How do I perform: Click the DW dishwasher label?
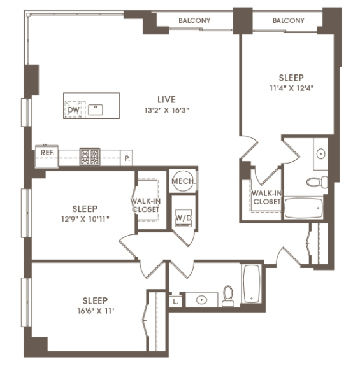coord(73,109)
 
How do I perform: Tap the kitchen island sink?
coord(95,109)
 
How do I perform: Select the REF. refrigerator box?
coord(47,156)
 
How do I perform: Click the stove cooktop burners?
coord(90,157)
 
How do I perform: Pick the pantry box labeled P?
coord(127,158)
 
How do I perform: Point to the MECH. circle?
coord(183,181)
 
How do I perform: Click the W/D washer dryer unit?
coord(184,218)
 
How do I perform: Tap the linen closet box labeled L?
coord(175,302)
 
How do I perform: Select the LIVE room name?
coord(167,99)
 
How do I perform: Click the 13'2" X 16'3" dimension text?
coord(167,110)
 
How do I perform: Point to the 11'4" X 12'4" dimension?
coord(291,88)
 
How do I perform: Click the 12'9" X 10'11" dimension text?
coord(85,219)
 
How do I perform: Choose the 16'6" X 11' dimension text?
coord(96,311)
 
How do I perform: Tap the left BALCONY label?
coord(194,20)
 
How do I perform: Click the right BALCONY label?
coord(289,20)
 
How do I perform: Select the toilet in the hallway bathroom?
coord(228,296)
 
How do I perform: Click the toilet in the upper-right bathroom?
coord(317,182)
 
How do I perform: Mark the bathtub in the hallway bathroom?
coord(252,283)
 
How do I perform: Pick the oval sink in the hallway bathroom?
coord(201,300)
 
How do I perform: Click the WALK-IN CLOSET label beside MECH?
coord(145,205)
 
